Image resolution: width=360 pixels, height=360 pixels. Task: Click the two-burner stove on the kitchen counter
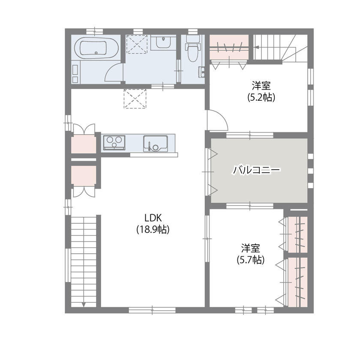(x=114, y=141)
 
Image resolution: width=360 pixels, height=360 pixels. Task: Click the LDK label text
(x=153, y=217)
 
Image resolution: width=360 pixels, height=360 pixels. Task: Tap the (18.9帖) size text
(x=153, y=230)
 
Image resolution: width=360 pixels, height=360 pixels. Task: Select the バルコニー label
(x=256, y=170)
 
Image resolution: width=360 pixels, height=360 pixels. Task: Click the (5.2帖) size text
(x=261, y=97)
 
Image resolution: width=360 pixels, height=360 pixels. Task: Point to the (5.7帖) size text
(x=250, y=260)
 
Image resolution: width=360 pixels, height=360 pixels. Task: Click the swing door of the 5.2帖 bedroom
(x=217, y=120)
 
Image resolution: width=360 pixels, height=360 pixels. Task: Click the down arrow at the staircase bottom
(x=83, y=304)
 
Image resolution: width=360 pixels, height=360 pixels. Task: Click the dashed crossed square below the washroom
(x=135, y=99)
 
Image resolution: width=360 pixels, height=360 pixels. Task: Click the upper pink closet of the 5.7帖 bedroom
(x=297, y=234)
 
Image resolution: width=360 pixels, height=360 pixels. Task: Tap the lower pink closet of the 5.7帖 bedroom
(x=297, y=282)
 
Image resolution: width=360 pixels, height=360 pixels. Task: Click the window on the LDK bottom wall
(x=152, y=310)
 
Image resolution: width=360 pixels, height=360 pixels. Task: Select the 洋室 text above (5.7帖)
(x=250, y=248)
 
